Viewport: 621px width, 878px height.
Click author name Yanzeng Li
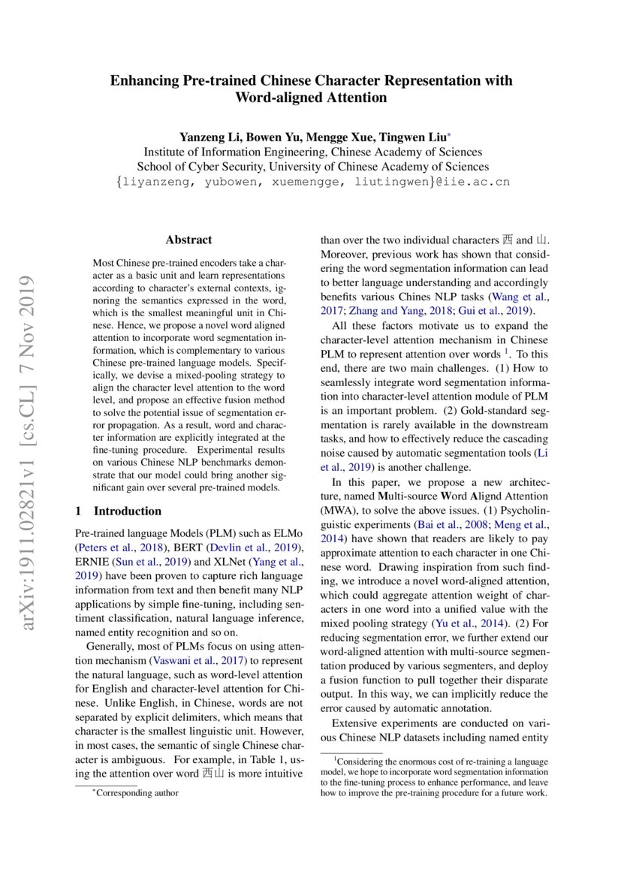coord(205,137)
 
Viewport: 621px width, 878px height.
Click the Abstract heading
coord(188,240)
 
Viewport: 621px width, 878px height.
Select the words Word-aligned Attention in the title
coord(311,98)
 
